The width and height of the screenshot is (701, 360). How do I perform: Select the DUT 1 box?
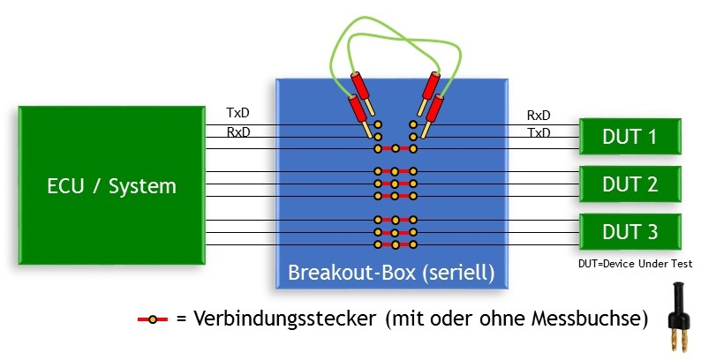click(631, 138)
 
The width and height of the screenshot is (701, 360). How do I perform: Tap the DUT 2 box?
click(631, 184)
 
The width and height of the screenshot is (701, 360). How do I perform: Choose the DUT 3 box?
click(631, 232)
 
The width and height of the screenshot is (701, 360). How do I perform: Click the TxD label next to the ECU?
click(238, 114)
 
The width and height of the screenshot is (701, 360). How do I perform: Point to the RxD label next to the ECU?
click(238, 133)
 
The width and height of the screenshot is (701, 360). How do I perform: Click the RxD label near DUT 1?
click(539, 115)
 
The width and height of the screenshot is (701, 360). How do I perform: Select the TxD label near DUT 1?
click(539, 133)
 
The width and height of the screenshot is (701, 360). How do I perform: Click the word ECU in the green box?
click(66, 186)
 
